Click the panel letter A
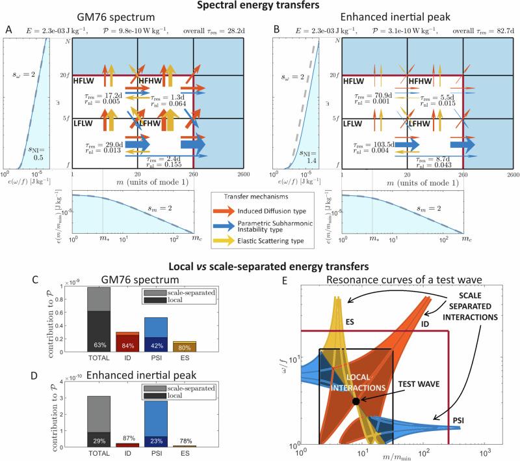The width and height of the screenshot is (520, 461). (6, 29)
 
